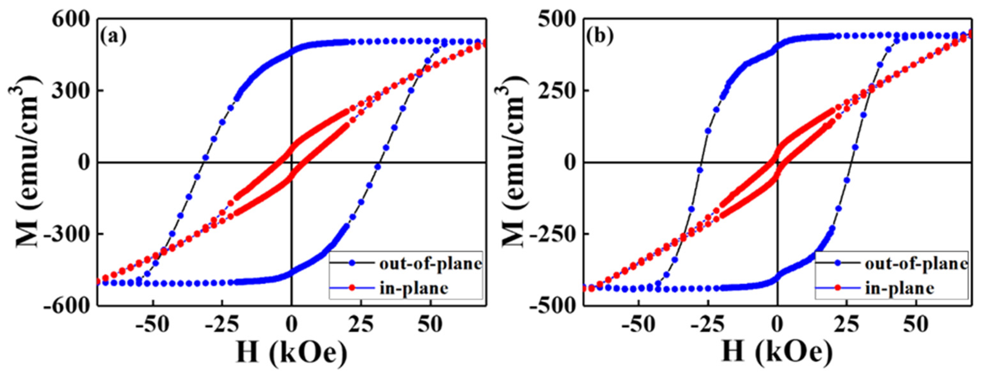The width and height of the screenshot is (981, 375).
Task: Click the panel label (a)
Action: (x=113, y=37)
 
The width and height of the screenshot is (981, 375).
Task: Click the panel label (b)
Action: (x=599, y=37)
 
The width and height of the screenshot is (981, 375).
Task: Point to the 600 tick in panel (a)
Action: (x=70, y=20)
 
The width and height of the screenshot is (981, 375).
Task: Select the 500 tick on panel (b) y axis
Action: (x=556, y=20)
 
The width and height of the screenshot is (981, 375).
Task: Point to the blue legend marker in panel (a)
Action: (x=352, y=263)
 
